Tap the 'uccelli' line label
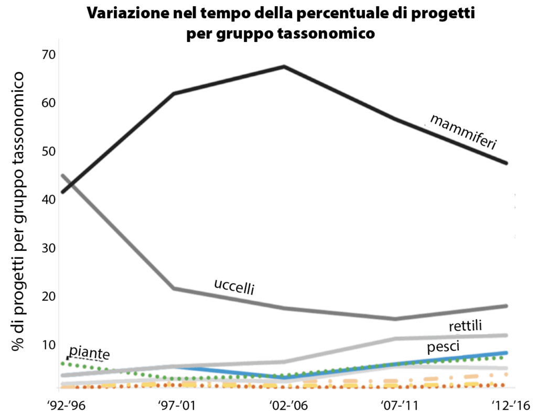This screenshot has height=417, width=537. [234, 286]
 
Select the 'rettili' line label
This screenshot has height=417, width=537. [465, 326]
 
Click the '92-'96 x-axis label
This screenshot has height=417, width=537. [65, 405]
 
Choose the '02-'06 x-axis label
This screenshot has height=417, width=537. [285, 405]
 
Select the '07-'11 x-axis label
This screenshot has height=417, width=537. [396, 405]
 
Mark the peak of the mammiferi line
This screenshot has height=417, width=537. [284, 67]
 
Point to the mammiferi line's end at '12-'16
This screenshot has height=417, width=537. [506, 163]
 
